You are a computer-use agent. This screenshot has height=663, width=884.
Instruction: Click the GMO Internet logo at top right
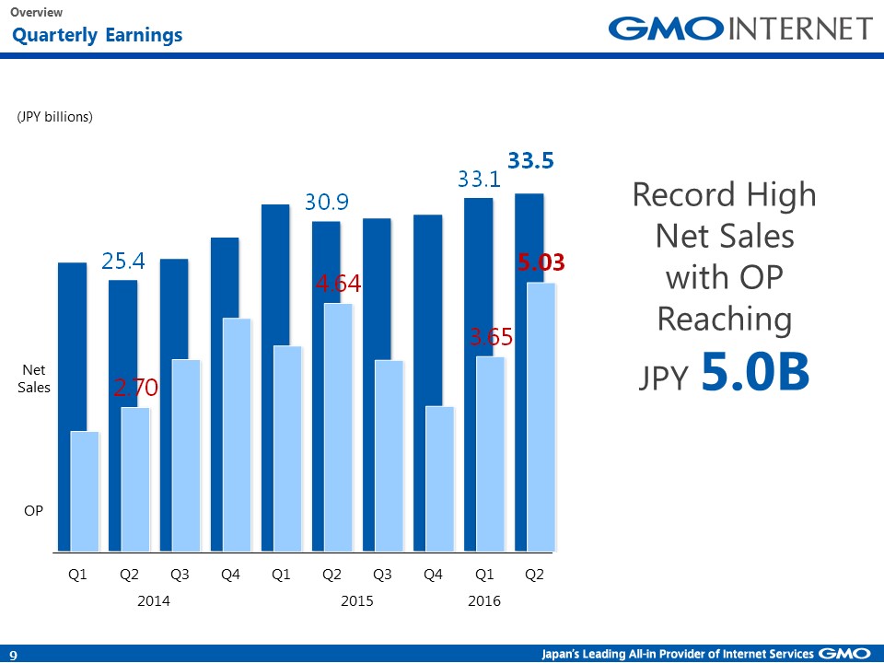[x=740, y=29]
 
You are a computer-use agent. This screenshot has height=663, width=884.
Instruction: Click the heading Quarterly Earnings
[x=97, y=36]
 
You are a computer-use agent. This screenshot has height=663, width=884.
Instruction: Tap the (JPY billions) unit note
[x=55, y=117]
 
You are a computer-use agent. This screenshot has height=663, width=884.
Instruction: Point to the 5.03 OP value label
[x=540, y=263]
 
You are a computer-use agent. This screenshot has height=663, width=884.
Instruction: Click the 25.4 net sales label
[x=123, y=262]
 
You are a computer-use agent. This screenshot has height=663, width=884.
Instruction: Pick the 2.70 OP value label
[x=135, y=389]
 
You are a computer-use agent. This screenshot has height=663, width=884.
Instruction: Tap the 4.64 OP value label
[x=338, y=285]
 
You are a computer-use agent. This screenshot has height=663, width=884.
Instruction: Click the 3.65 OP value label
[x=491, y=338]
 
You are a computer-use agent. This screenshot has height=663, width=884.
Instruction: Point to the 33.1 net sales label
[x=480, y=180]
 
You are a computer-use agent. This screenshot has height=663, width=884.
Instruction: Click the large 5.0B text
[x=755, y=373]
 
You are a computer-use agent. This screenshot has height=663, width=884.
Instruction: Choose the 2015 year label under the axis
[x=357, y=601]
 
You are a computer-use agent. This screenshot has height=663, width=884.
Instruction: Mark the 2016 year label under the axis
[x=484, y=601]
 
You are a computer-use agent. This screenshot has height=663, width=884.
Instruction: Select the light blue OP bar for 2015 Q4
[x=441, y=479]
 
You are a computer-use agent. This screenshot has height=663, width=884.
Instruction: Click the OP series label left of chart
[x=33, y=509]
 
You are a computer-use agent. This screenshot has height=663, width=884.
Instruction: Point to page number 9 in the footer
[x=14, y=655]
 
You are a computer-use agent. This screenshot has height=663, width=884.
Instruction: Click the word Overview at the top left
[x=37, y=12]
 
